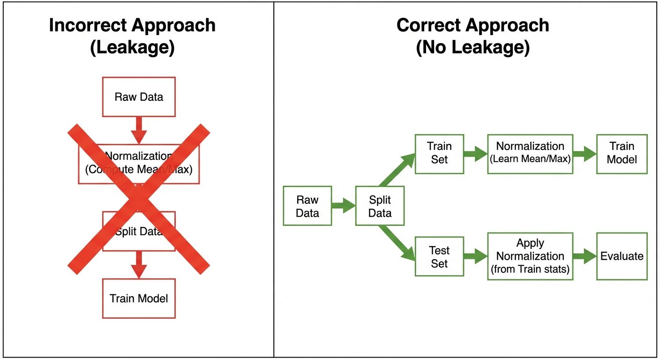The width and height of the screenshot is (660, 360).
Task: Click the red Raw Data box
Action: (x=139, y=97)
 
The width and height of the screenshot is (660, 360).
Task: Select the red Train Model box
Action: (x=139, y=299)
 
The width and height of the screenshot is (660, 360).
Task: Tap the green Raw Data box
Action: (x=307, y=206)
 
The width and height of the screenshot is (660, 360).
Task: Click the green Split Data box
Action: (x=380, y=206)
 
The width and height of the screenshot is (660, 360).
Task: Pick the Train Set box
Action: (x=439, y=153)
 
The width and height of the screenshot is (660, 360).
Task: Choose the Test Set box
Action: (x=439, y=256)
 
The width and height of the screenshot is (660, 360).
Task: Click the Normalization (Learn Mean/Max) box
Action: (x=530, y=153)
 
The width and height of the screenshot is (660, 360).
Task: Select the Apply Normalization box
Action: (x=530, y=256)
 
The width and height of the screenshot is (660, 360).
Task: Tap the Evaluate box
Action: (x=622, y=256)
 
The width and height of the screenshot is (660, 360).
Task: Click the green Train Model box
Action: (x=622, y=153)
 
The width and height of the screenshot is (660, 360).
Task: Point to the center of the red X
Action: (x=139, y=200)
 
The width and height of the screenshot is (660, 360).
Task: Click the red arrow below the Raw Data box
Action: (x=139, y=130)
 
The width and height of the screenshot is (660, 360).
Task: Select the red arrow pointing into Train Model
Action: (x=139, y=265)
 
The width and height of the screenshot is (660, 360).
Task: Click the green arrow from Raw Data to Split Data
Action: (x=344, y=205)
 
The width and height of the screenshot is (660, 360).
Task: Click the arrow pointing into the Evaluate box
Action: (x=584, y=256)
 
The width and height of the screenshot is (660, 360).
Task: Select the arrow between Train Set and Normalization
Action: (x=475, y=153)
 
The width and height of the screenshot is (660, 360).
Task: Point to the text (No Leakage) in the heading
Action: (x=472, y=48)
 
